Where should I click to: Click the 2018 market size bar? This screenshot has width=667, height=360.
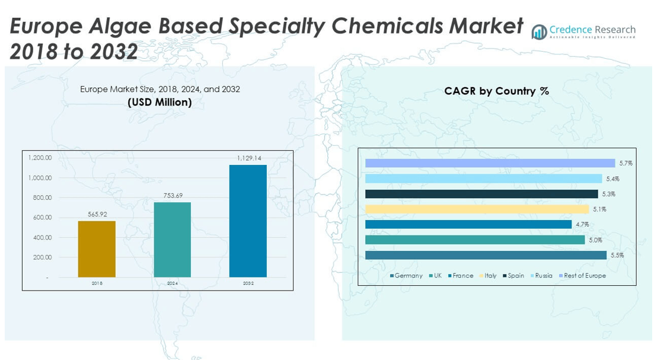97,249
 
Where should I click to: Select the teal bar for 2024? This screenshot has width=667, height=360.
173,240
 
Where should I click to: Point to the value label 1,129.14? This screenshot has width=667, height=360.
249,158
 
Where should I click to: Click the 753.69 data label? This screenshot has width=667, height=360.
173,196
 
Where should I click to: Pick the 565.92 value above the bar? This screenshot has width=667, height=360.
97,214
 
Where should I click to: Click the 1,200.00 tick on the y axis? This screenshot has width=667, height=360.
40,158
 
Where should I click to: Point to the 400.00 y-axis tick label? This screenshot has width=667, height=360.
40,237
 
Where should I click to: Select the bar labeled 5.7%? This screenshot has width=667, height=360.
490,163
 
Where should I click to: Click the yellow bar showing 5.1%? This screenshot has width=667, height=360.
477,209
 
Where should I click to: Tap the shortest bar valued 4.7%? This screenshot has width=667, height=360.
468,224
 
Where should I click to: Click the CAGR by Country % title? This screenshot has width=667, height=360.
496,91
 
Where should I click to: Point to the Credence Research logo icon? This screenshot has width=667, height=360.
539,32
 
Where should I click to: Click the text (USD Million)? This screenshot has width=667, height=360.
160,102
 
